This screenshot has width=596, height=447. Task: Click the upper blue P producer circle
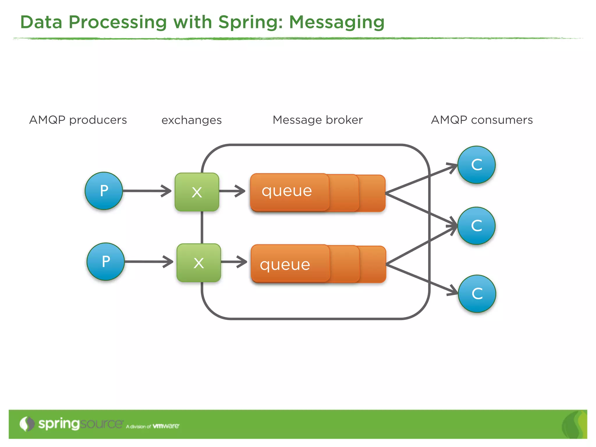click(104, 191)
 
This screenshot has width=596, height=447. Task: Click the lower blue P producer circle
click(106, 262)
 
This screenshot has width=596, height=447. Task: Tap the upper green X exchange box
click(197, 192)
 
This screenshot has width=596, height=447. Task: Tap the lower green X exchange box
click(199, 263)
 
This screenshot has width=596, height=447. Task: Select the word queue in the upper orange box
click(287, 191)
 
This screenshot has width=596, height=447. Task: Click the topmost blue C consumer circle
click(476, 165)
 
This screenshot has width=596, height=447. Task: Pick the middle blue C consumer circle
click(476, 226)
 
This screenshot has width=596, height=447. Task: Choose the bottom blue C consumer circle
click(477, 294)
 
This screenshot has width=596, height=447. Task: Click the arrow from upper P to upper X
click(147, 191)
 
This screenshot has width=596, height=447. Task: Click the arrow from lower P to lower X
click(148, 262)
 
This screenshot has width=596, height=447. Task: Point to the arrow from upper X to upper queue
click(232, 191)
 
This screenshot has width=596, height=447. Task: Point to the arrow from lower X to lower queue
click(234, 262)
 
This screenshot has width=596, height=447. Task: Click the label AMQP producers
click(78, 120)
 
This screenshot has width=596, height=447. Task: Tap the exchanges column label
click(191, 120)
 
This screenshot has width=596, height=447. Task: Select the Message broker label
click(317, 120)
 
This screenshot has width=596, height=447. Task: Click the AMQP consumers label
click(482, 120)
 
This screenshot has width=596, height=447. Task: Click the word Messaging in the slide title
click(337, 23)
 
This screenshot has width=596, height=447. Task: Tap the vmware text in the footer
click(166, 426)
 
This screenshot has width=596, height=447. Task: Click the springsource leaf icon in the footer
click(27, 424)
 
